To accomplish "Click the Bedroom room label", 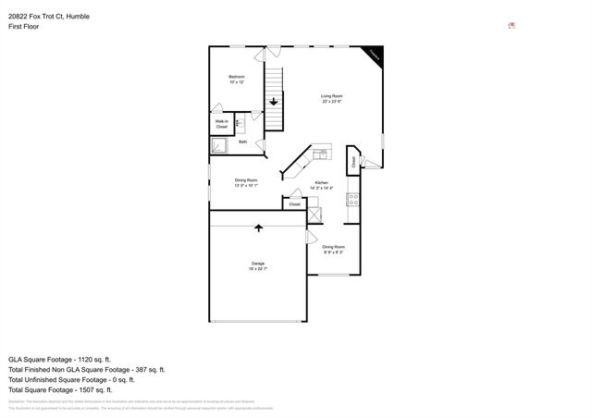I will [237, 80].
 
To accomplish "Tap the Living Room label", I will [332, 99].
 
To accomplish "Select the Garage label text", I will [257, 265].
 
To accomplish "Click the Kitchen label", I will [321, 185].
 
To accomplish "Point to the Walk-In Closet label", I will [222, 123].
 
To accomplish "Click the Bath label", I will [242, 141].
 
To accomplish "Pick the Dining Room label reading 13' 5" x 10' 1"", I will [245, 182].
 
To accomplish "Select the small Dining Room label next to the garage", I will [333, 249].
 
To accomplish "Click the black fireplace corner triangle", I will [375, 55].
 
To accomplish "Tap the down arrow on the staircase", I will [274, 101].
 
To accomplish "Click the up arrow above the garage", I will [258, 227].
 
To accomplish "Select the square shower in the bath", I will [220, 146].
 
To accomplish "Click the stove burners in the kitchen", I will [352, 197].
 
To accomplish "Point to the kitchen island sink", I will [321, 154].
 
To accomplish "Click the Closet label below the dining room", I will [294, 203].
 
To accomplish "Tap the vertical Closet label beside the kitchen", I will [353, 160].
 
